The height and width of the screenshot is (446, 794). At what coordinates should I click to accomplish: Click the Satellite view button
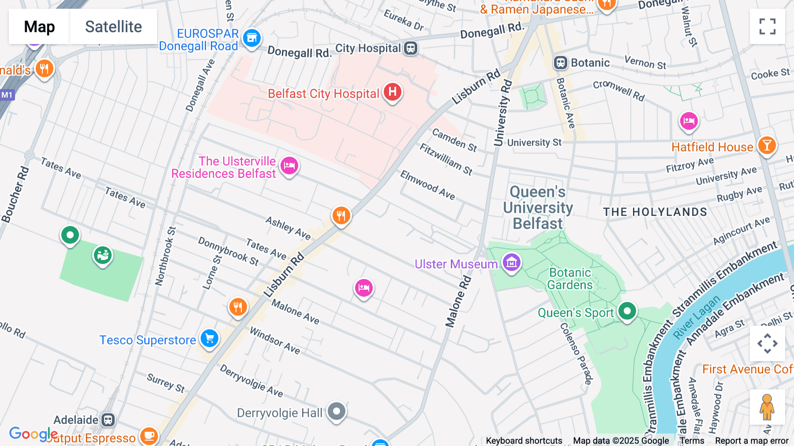pos(113,26)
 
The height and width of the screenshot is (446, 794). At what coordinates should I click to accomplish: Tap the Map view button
pos(39,26)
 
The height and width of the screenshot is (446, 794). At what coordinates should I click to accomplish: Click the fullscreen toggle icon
pos(767,26)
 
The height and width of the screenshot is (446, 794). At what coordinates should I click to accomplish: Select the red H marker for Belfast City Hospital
pos(392,92)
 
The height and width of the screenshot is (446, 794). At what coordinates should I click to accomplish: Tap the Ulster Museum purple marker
pos(511,262)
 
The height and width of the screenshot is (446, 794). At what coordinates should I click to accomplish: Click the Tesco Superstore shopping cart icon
pos(210,338)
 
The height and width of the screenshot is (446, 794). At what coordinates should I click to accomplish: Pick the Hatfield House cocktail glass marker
pos(767,145)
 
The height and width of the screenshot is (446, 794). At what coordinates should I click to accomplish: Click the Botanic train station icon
pos(560,63)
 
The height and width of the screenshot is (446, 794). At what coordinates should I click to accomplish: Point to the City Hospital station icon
pos(411,48)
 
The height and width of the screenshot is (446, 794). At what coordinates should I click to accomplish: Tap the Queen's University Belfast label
pos(538,208)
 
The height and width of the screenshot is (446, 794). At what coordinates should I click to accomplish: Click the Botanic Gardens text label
pos(570,279)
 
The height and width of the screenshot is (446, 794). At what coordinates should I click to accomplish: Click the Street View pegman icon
pos(767,407)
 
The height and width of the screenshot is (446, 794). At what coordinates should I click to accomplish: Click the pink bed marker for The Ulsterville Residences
pos(289,166)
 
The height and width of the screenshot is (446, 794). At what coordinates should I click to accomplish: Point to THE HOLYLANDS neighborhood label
pos(655,212)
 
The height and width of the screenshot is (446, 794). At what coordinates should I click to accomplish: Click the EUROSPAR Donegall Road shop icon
pos(252,38)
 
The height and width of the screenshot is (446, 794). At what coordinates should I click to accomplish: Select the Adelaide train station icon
pos(108,420)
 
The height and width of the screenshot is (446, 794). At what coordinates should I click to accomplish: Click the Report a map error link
pos(751,441)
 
